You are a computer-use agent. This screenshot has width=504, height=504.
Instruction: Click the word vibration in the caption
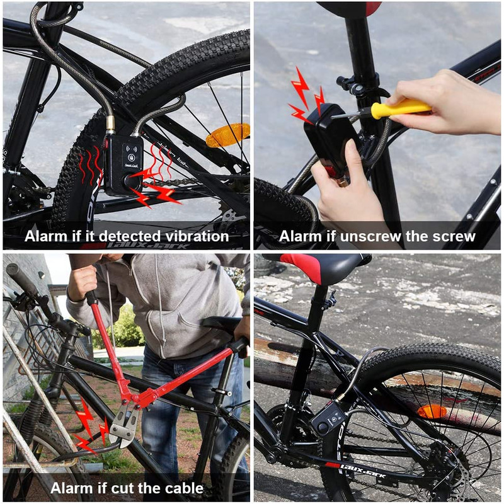pos(195,237)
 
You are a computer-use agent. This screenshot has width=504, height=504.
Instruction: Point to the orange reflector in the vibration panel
pos(227,134)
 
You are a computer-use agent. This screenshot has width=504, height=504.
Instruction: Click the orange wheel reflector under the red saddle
pos(432,412)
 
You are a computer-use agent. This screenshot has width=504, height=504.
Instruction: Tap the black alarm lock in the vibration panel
pos(122,165)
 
